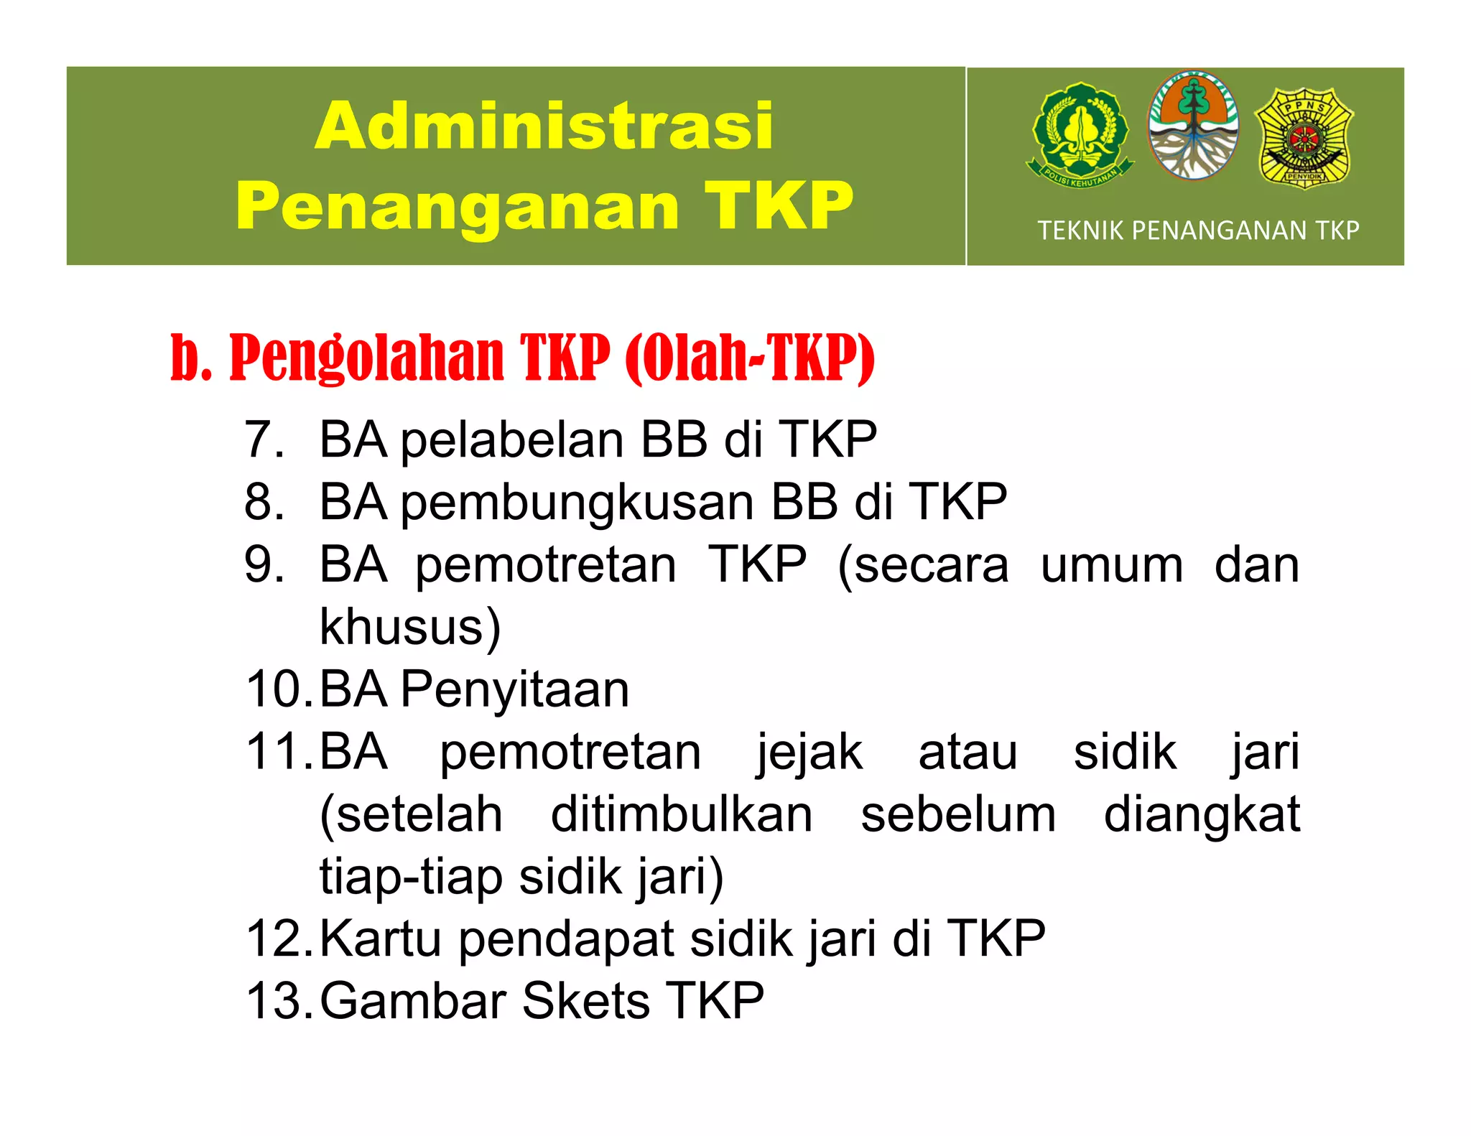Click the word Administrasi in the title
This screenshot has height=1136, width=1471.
point(544,126)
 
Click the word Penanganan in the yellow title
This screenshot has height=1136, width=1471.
point(458,207)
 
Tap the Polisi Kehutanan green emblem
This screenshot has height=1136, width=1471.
point(1080,134)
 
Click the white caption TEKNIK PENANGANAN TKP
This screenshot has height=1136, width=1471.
point(1198,231)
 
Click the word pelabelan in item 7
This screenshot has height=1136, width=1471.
point(512,439)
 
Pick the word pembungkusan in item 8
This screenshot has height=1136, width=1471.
point(577,502)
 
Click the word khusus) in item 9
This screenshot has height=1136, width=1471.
point(409,627)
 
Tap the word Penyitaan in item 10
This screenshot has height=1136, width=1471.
point(514,689)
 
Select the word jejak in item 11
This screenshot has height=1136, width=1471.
point(809,752)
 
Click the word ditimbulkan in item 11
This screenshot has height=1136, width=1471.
point(682,814)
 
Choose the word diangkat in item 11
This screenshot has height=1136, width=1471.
point(1202,814)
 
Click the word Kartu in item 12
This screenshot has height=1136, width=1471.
point(380,939)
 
